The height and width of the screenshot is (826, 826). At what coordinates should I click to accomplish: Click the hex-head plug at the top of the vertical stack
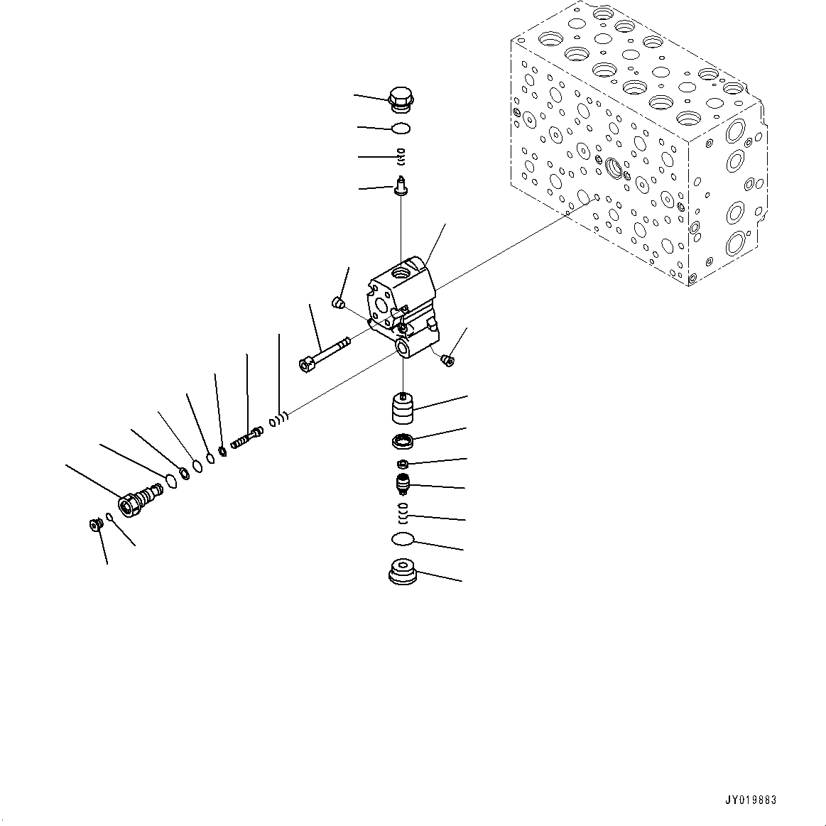401,100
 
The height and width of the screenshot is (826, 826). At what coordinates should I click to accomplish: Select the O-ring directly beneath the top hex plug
401,129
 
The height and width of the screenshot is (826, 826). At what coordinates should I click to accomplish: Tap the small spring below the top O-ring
401,156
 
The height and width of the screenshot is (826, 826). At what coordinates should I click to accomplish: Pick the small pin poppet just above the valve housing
401,188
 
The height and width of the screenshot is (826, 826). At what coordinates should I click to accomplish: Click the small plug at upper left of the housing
338,304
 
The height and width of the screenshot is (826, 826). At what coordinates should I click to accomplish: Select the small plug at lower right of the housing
447,359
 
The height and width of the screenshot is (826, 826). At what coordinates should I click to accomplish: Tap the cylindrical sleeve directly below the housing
403,411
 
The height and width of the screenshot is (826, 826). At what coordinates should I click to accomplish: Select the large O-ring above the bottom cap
403,540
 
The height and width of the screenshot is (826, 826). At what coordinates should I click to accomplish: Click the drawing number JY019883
750,800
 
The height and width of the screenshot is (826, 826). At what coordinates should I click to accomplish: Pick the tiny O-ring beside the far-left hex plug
109,516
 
